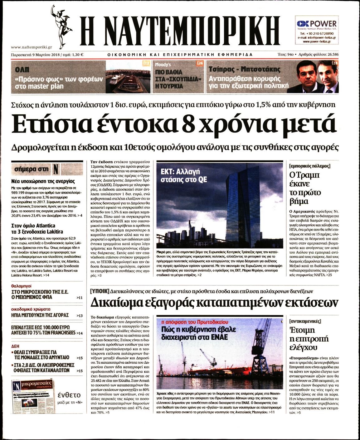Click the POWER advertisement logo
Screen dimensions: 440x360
[316, 24]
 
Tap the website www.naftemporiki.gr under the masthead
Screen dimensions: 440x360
[31, 47]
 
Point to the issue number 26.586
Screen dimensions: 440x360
[330, 55]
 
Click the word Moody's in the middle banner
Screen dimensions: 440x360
[163, 65]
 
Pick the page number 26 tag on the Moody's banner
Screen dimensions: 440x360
[200, 63]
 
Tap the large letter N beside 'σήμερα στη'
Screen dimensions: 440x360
[56, 169]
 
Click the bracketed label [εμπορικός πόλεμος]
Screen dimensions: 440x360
[309, 166]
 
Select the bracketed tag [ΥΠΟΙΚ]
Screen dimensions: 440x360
[99, 291]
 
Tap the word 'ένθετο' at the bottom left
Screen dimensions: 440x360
[69, 395]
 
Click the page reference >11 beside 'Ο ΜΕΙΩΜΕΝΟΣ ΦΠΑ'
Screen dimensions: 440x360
[80, 298]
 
